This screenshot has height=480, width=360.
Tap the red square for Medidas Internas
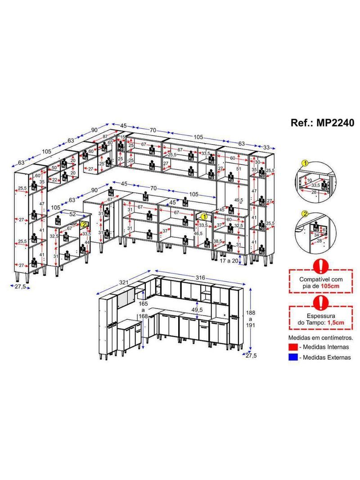click(x=292, y=347)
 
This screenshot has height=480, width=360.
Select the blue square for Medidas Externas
click(x=292, y=358)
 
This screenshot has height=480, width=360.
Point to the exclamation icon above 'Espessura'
click(x=320, y=302)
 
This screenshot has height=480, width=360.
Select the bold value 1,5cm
click(x=335, y=323)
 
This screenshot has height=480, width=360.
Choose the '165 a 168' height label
click(x=143, y=309)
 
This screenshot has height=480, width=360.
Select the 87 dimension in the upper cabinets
click(x=104, y=136)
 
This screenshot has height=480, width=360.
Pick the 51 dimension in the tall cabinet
click(x=238, y=169)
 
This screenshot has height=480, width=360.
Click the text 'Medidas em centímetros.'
click(x=320, y=337)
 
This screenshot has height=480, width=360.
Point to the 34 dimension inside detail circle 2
click(x=317, y=235)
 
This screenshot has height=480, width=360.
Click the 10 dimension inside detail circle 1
click(x=308, y=180)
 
